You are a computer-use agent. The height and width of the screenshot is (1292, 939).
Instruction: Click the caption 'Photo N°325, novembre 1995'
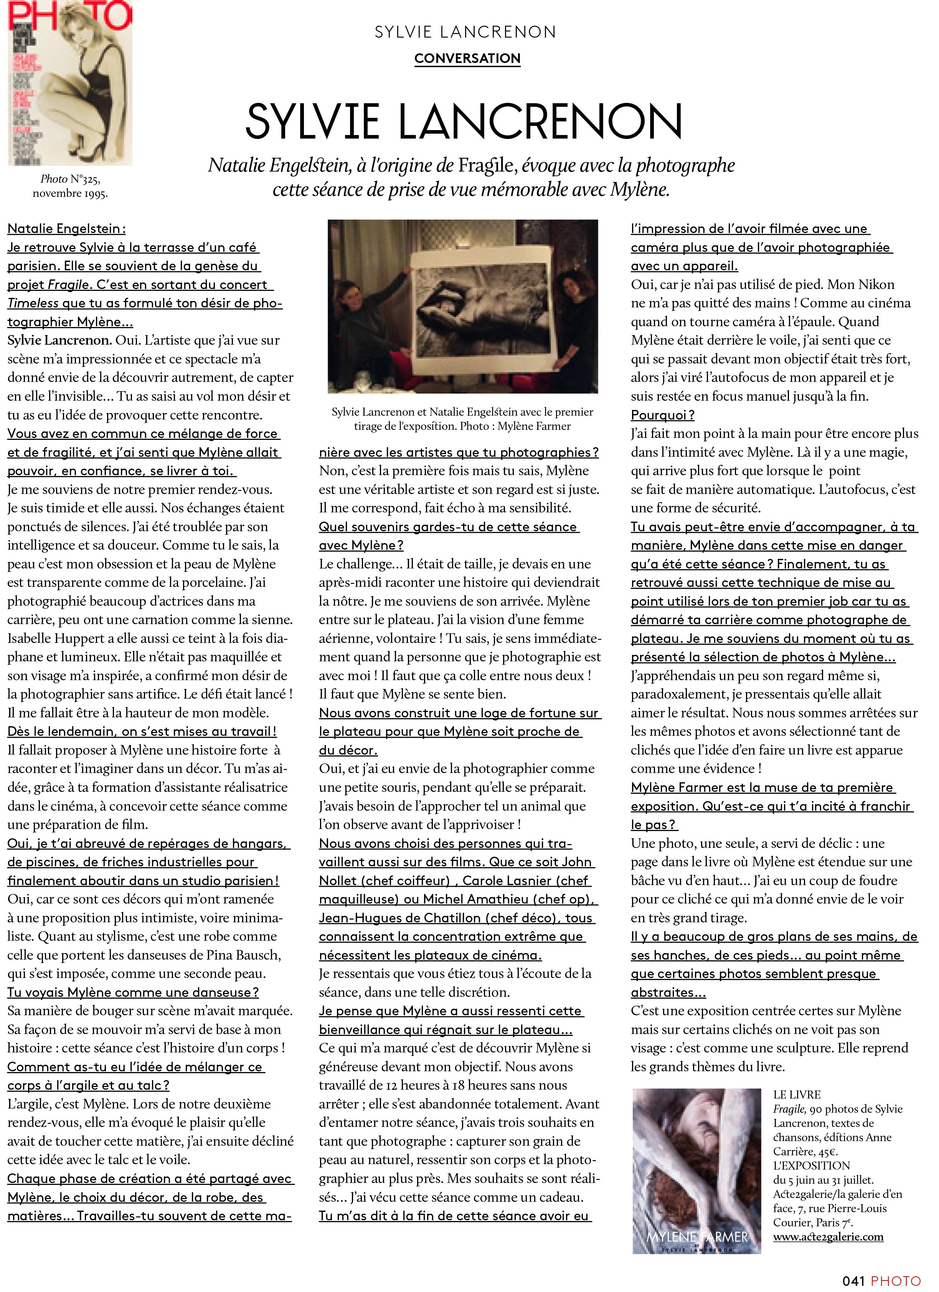click(x=70, y=186)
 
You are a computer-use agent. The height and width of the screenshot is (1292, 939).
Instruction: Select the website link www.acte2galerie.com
click(x=828, y=1237)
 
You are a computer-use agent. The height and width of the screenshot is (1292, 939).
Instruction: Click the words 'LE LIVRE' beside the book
click(x=797, y=1095)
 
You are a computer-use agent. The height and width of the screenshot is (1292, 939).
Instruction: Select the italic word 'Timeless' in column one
click(x=33, y=303)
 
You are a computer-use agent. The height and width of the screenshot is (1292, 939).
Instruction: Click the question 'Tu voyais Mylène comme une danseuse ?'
click(x=133, y=992)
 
